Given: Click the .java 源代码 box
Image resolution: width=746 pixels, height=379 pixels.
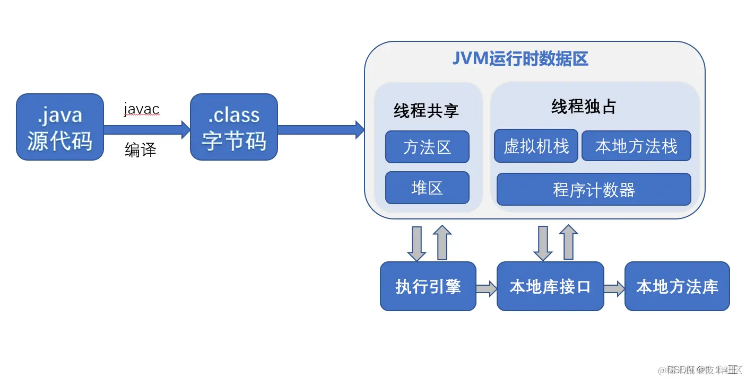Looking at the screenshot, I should coord(59,127).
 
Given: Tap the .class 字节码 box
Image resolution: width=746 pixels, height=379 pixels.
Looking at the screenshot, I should coord(233,127).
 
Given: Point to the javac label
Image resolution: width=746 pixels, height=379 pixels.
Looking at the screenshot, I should coord(142,109).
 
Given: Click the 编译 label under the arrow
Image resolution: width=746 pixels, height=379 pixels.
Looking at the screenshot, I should coord(141,150).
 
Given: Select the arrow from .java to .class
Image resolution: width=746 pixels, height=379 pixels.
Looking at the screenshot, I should coord(146,129).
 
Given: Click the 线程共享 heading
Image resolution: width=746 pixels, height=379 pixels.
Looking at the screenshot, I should coord(426,110).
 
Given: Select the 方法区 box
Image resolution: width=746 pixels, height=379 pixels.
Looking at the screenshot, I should coord(427,147).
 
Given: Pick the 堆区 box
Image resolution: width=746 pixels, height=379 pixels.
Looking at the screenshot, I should coord(427,188).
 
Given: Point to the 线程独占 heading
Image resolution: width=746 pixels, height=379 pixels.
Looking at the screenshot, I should coord(584,107).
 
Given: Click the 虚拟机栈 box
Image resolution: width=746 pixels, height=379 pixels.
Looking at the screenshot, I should coord(536,146).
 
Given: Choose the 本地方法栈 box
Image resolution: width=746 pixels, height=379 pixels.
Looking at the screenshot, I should coord(636,146).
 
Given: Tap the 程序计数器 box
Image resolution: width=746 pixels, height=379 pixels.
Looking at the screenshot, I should coord(594,189).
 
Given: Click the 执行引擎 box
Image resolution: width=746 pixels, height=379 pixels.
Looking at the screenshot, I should coord(428,286).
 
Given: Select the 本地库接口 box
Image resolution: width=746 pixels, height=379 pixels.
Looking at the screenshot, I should coord(550,286).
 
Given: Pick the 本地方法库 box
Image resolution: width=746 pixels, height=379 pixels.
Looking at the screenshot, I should coord(677,286).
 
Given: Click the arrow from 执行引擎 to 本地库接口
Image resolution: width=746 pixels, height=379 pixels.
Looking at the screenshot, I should coord(486,288).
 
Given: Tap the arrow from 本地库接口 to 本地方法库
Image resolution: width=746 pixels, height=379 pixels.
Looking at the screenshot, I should coord(614,288).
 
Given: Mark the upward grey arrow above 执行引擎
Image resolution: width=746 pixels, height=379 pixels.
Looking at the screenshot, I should coord(442,242).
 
